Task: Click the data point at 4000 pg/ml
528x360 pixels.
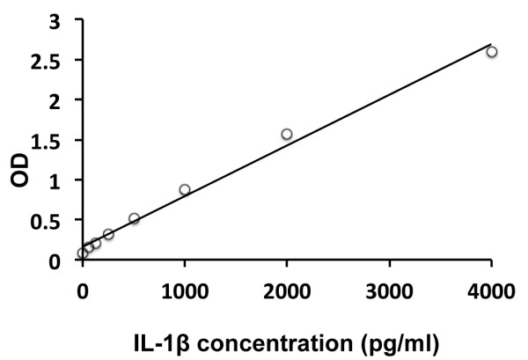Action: tap(491, 52)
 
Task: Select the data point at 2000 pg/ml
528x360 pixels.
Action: tap(286, 134)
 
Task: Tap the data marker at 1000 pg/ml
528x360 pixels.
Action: tap(185, 189)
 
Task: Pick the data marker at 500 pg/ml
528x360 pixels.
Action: tap(134, 218)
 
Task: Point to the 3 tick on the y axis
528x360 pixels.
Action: tap(56, 20)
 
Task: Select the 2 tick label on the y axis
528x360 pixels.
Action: tap(56, 100)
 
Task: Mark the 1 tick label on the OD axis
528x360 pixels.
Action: tap(56, 180)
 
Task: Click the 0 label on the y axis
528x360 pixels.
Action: tap(56, 261)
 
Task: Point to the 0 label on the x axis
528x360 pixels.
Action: tap(83, 287)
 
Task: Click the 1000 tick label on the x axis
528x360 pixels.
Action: tap(185, 287)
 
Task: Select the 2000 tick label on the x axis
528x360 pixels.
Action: tap(287, 287)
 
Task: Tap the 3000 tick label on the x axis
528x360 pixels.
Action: tap(389, 287)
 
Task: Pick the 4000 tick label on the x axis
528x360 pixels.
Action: tap(491, 287)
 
